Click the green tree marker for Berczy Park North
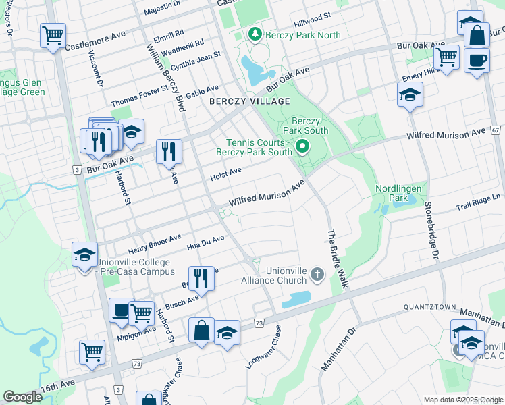pyautogui.click(x=255, y=33)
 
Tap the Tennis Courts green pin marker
pyautogui.click(x=303, y=146)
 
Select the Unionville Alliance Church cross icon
pyautogui.click(x=318, y=274)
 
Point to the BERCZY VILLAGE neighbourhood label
pyautogui.click(x=249, y=101)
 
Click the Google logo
pyautogui.click(x=23, y=397)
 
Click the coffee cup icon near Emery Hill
pyautogui.click(x=477, y=60)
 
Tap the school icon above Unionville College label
pyautogui.click(x=85, y=254)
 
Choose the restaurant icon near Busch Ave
pyautogui.click(x=201, y=276)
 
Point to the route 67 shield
pyautogui.click(x=495, y=130)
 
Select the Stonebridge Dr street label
pyautogui.click(x=431, y=230)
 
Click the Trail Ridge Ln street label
pyautogui.click(x=479, y=201)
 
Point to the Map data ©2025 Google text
pyautogui.click(x=462, y=399)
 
